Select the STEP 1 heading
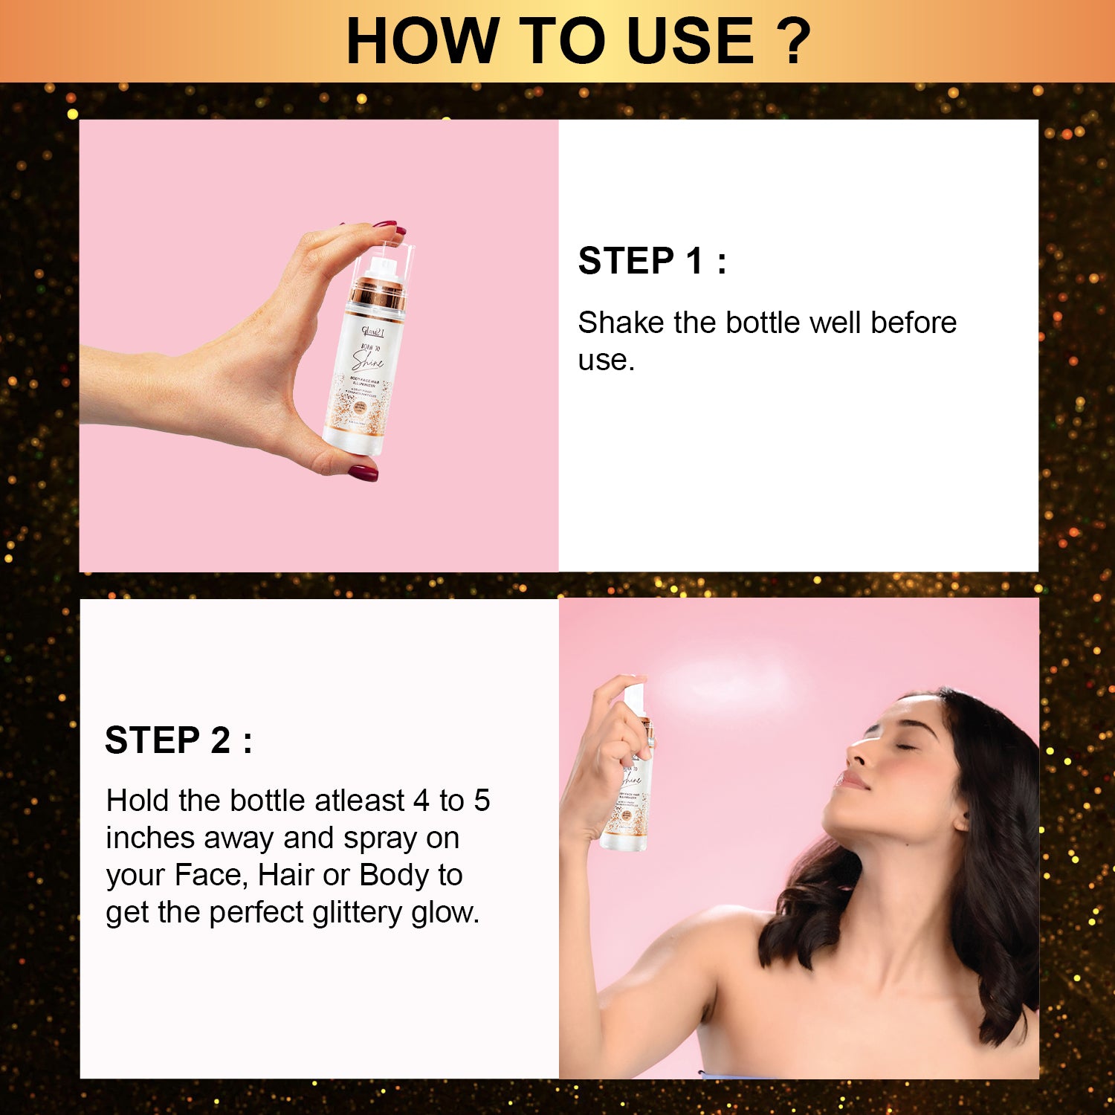[652, 261]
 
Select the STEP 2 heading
[178, 740]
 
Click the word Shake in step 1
[621, 323]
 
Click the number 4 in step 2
[421, 801]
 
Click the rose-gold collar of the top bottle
[378, 295]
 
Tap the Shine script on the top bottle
[369, 361]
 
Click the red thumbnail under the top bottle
[362, 471]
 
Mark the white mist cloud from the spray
[725, 680]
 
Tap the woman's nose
[857, 757]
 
